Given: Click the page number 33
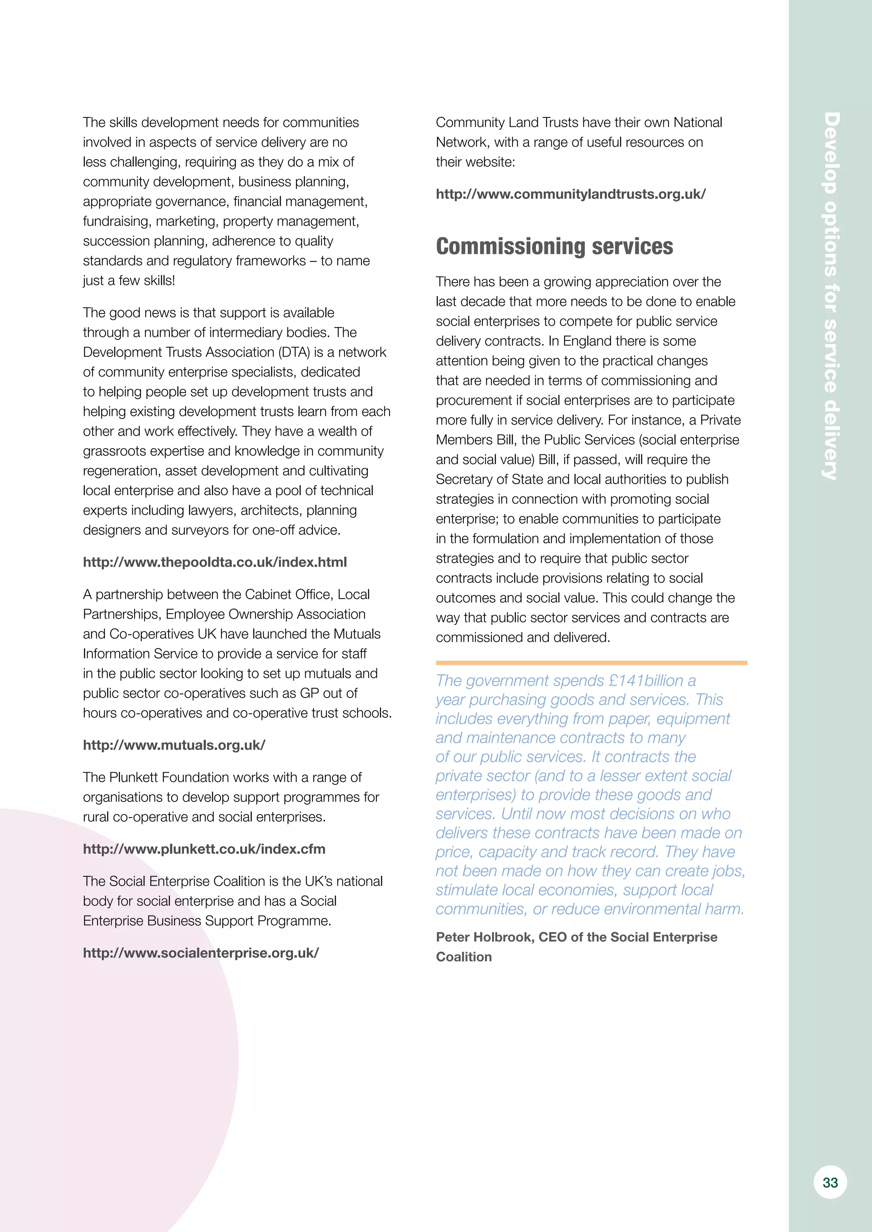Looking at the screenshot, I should coord(829,1182).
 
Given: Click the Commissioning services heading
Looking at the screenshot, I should coord(554,246).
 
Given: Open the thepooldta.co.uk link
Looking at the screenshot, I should coord(215,562).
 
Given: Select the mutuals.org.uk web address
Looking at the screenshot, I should coord(174,745).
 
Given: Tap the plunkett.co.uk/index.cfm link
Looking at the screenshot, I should coord(204,849).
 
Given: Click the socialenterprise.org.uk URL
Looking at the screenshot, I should coord(201,953).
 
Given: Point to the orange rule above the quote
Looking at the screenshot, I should coord(591,663).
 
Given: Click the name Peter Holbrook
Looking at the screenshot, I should coord(484,937).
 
